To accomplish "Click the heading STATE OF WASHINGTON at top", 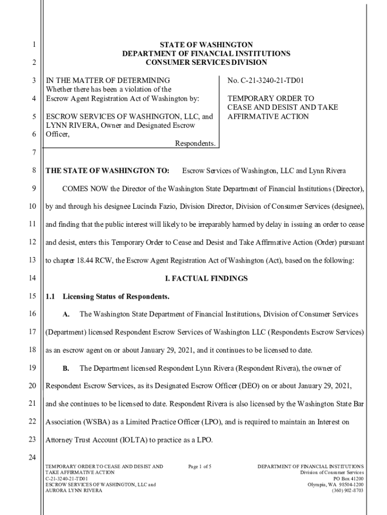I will (x=206, y=45).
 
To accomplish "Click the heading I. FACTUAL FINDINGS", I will (x=206, y=279).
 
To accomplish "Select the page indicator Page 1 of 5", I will (x=200, y=467).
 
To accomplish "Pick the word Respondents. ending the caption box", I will (x=195, y=144).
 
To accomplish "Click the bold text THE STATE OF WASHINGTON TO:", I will (x=107, y=171).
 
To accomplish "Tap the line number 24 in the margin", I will (x=33, y=458).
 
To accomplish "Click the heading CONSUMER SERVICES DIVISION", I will (x=206, y=62).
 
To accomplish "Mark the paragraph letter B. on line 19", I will (x=66, y=369).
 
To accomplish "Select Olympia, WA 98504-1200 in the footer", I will (x=335, y=484).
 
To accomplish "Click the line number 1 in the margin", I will (x=33, y=45).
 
